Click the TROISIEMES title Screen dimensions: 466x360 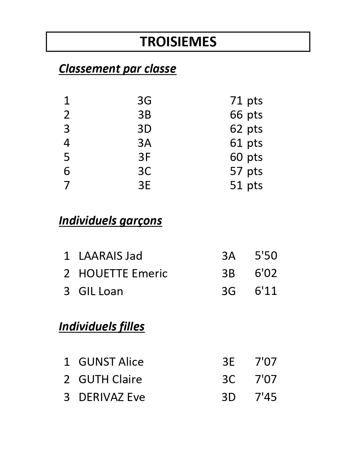click(178, 42)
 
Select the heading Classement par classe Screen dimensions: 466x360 click(117, 69)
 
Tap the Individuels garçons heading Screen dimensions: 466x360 click(110, 221)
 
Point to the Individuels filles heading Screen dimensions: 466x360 click(102, 326)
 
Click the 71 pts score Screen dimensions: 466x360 click(246, 101)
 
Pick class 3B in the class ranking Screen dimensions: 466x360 click(145, 115)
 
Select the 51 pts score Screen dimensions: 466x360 click(246, 185)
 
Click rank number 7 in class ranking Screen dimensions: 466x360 click(67, 185)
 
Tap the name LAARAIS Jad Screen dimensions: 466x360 click(110, 256)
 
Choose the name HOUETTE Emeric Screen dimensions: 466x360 click(123, 273)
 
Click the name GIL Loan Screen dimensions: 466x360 click(101, 291)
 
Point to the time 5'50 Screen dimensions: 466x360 click(266, 256)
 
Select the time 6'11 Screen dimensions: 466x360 click(266, 291)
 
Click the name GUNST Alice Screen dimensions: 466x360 click(111, 362)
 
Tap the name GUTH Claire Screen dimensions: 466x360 click(110, 379)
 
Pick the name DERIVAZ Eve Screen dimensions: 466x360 click(112, 397)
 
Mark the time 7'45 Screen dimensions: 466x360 click(266, 397)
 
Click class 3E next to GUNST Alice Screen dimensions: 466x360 click(228, 362)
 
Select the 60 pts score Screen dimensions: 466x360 click(246, 157)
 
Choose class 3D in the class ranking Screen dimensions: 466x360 click(145, 129)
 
